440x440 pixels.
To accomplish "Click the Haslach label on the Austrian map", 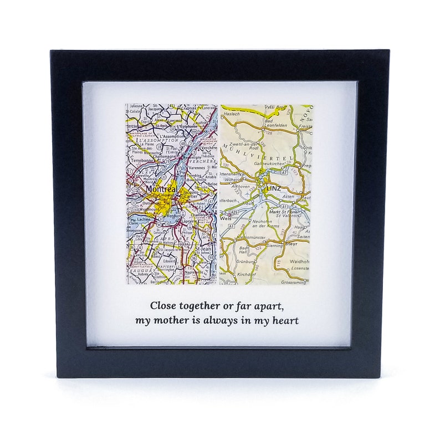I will click(231, 114).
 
